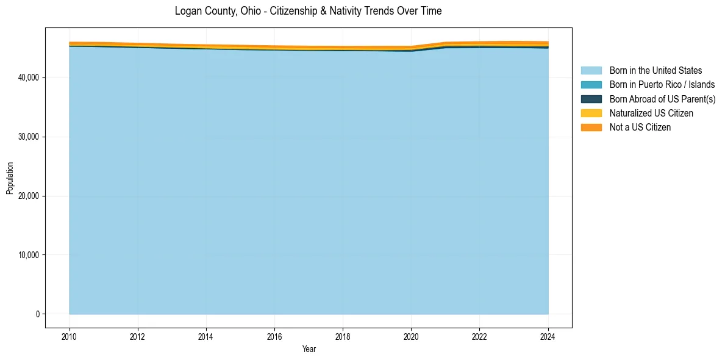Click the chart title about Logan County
pos(308,11)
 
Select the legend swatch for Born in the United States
pos(591,71)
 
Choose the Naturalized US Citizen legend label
pos(651,113)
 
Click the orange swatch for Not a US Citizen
pos(591,127)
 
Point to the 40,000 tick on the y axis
pos(30,77)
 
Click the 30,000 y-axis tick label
pos(30,137)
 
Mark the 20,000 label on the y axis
pos(30,196)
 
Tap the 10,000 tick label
pos(30,255)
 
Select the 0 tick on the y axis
pos(38,314)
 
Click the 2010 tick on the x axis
pos(70,336)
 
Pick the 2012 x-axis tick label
pos(138,336)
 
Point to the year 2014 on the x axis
pos(206,336)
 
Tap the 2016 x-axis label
pos(274,336)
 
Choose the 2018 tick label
pos(343,336)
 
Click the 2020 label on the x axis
pos(411,336)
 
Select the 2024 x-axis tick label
pos(548,336)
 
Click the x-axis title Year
pos(309,349)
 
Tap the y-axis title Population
pos(10,178)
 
